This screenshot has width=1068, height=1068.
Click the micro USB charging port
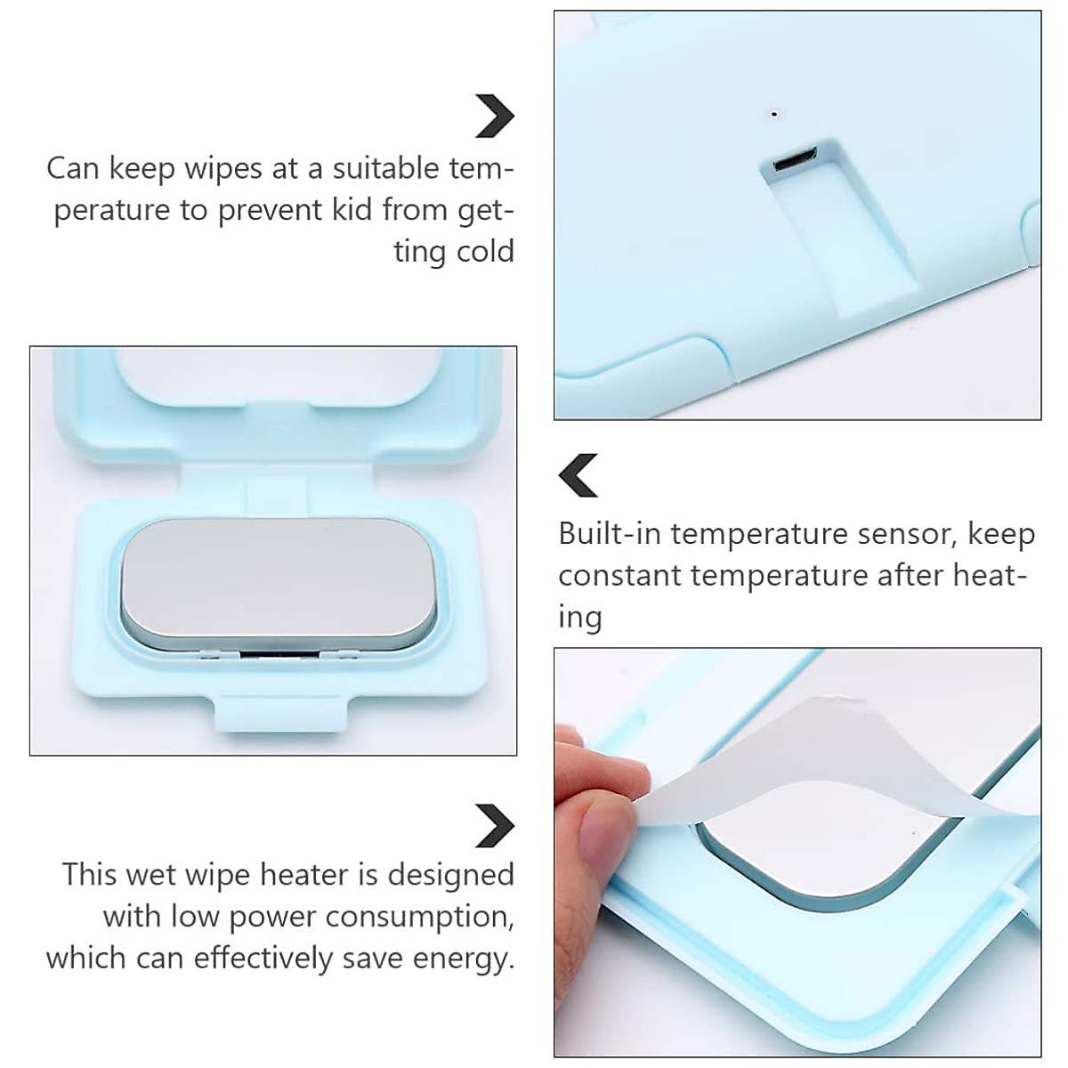point(796,164)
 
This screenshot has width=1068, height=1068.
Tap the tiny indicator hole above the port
point(774,114)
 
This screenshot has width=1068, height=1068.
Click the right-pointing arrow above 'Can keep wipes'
point(494,116)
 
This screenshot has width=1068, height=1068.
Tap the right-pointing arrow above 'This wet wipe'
point(494,825)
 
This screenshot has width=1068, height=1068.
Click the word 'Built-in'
point(611,534)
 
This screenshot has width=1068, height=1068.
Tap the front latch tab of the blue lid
point(273,711)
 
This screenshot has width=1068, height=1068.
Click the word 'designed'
point(451,875)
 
